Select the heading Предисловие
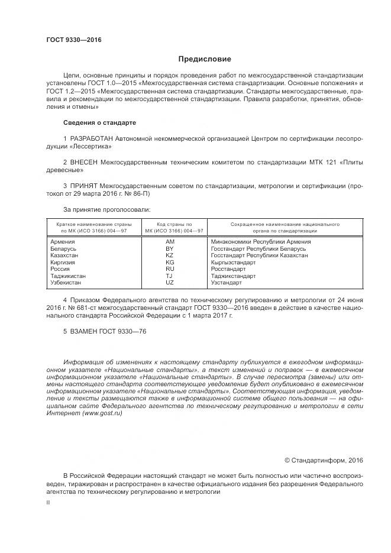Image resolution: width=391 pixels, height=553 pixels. (x=205, y=59)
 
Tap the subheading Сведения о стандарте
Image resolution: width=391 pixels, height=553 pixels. (x=99, y=122)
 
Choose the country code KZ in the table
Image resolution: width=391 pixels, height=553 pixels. (x=170, y=255)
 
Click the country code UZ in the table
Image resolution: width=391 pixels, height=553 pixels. (x=170, y=283)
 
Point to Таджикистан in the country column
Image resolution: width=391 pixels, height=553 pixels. (x=68, y=276)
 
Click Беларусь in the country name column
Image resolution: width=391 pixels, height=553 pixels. (x=64, y=248)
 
